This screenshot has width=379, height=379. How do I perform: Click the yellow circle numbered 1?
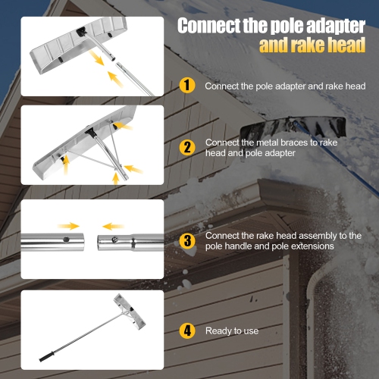click(x=187, y=85)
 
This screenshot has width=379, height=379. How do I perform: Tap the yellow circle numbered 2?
click(x=187, y=147)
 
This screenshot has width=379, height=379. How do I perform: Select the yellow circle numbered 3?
click(x=187, y=240)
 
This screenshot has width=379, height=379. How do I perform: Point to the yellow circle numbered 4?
click(x=187, y=330)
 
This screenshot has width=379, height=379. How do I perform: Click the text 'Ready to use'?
click(x=232, y=330)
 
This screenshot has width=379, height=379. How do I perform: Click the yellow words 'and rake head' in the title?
click(x=312, y=45)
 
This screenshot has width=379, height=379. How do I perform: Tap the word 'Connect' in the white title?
click(x=209, y=26)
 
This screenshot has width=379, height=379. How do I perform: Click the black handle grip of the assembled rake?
click(x=47, y=356)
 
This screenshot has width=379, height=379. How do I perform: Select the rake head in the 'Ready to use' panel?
click(x=129, y=312)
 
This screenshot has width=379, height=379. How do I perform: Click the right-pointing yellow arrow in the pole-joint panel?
click(x=68, y=226)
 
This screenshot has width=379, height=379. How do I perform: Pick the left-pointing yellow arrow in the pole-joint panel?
click(x=113, y=226)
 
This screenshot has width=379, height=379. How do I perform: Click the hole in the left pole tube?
click(x=66, y=239)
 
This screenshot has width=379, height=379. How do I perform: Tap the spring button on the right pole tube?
click(x=114, y=239)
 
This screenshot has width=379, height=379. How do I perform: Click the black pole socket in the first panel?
click(x=82, y=32)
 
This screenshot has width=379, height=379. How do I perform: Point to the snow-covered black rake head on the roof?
click(x=293, y=130)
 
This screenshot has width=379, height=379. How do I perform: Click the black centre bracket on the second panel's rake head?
click(x=91, y=132)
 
